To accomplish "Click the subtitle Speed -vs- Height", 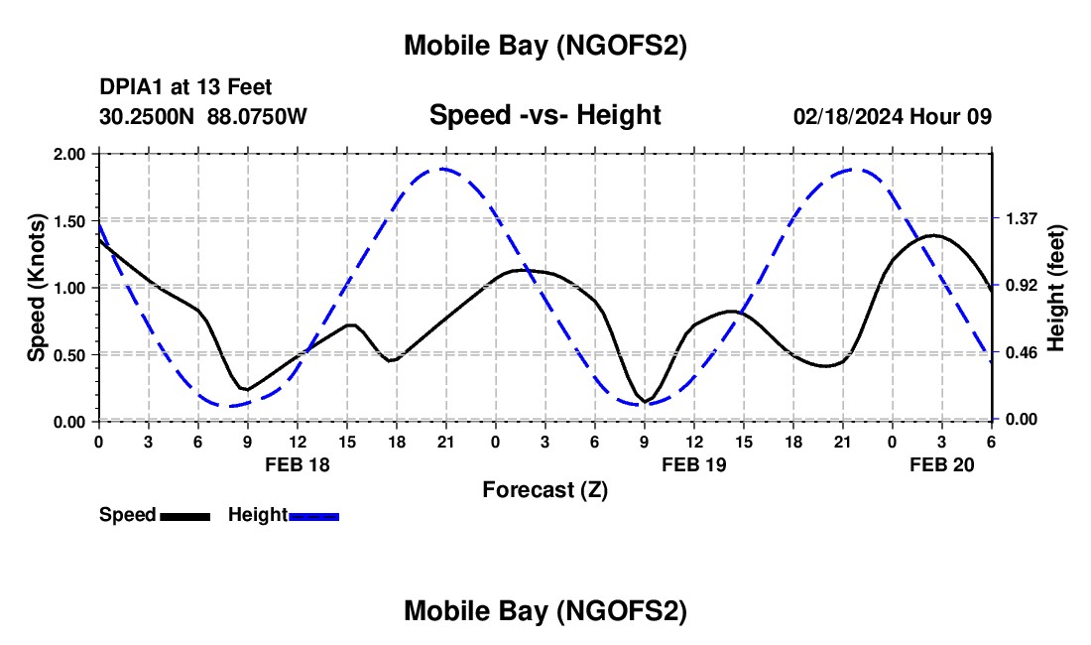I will tap(545, 115).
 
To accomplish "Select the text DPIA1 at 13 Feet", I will tap(185, 88).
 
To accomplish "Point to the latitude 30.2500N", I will tap(148, 116).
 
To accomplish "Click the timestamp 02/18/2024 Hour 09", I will tap(893, 116).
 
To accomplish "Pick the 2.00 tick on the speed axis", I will tap(70, 154).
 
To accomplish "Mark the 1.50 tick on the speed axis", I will tap(70, 220).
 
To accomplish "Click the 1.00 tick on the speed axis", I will tap(70, 288).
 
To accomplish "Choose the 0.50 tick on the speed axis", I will tap(70, 354).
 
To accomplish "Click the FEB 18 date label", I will tap(297, 464).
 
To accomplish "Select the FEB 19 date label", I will tap(694, 464).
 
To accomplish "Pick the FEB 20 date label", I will tap(942, 464).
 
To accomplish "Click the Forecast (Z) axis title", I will tap(545, 489).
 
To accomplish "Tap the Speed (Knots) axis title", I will tap(36, 288).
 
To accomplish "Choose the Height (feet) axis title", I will tap(1056, 288).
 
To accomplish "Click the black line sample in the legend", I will tap(184, 516).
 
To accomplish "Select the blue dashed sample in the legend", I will tap(314, 516).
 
